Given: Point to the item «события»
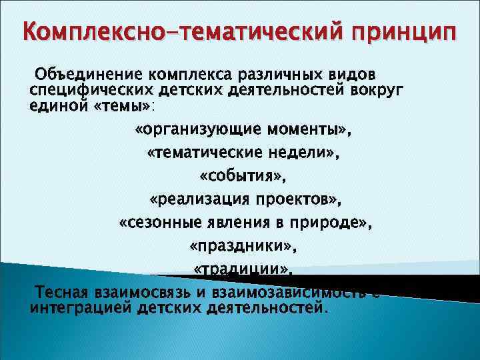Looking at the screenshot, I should click(242, 177).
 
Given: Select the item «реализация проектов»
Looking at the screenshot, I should click(242, 200).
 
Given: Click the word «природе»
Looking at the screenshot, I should click(329, 223).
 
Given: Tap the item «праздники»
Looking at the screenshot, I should click(242, 247).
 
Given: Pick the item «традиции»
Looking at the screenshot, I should click(242, 269).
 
